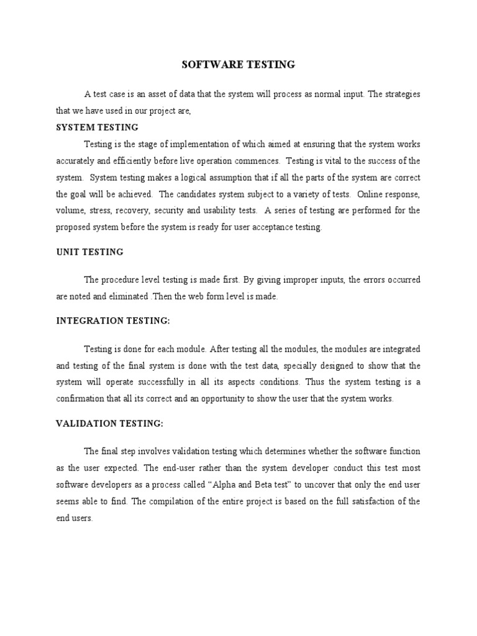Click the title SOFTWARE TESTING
[238, 64]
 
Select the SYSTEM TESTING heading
[97, 127]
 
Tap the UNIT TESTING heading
[89, 252]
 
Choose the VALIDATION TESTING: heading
[109, 424]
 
